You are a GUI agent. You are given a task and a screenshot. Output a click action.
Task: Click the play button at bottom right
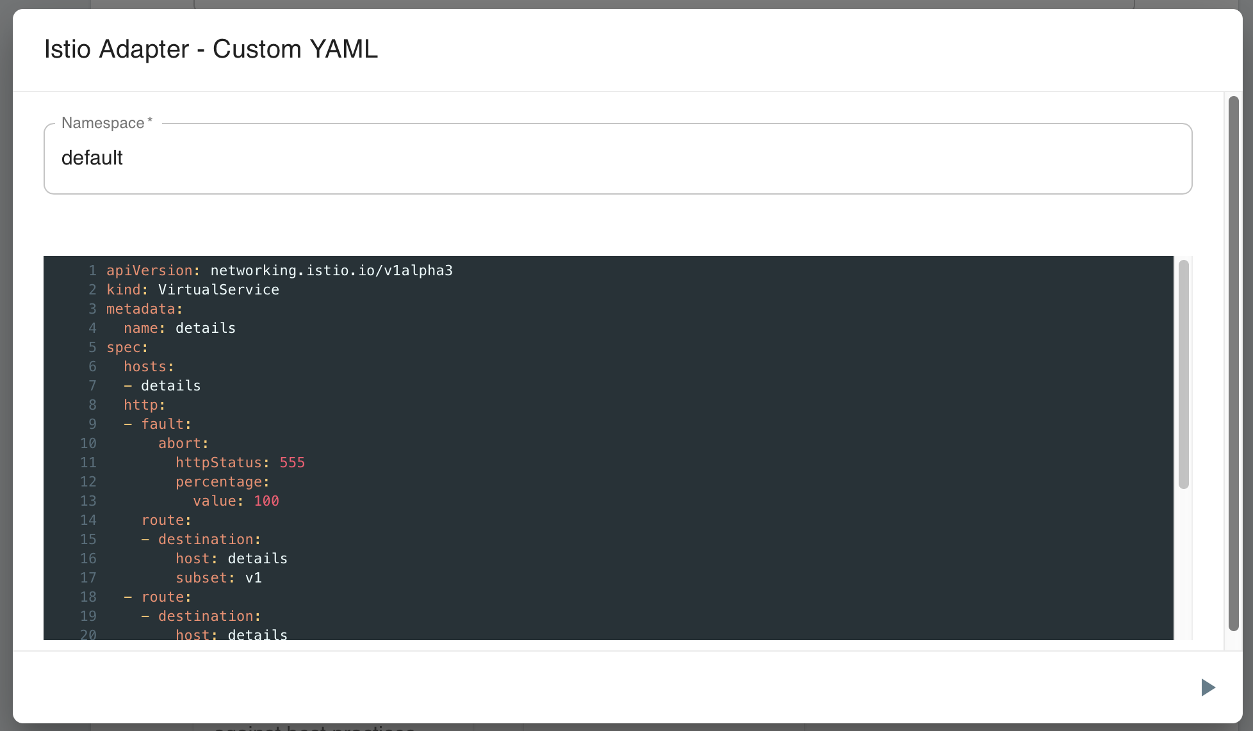(x=1208, y=687)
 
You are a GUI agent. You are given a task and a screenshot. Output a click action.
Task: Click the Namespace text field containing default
(x=618, y=159)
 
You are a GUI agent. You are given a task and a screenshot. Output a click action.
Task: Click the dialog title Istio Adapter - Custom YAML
(x=211, y=49)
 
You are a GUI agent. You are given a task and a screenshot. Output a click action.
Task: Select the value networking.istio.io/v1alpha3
(x=331, y=271)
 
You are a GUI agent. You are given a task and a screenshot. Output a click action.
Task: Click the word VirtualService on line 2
(x=218, y=290)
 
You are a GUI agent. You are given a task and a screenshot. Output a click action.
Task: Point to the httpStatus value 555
(x=292, y=463)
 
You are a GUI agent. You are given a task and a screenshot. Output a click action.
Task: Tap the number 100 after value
(x=266, y=501)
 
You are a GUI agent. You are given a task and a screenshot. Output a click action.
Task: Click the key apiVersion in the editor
(x=149, y=271)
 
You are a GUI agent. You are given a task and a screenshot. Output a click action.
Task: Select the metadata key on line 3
(x=141, y=309)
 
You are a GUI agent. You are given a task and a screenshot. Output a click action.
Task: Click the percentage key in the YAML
(x=219, y=482)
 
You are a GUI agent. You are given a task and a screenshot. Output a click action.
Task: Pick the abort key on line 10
(x=179, y=444)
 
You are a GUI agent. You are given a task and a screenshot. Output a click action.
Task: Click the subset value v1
(x=254, y=578)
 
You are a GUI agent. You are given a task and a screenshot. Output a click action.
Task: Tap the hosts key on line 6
(x=145, y=367)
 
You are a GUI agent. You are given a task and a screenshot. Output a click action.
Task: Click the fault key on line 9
(x=162, y=424)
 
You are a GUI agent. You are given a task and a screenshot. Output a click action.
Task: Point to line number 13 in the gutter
(x=88, y=501)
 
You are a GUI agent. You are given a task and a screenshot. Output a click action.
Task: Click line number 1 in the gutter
(x=93, y=271)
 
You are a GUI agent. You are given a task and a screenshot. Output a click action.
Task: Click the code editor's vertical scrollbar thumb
(x=1184, y=374)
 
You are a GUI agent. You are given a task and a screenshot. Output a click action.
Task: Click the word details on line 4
(x=206, y=328)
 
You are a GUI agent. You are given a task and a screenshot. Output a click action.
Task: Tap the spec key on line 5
(x=124, y=348)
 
